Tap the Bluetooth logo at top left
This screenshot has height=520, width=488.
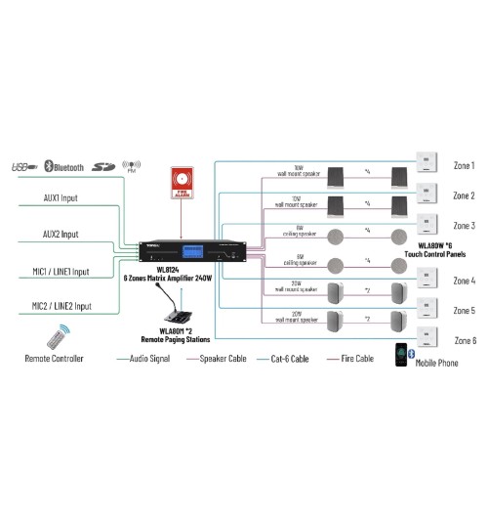pyautogui.click(x=64, y=166)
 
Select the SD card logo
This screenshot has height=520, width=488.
pyautogui.click(x=104, y=166)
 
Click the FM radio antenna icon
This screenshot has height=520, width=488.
pyautogui.click(x=135, y=165)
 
